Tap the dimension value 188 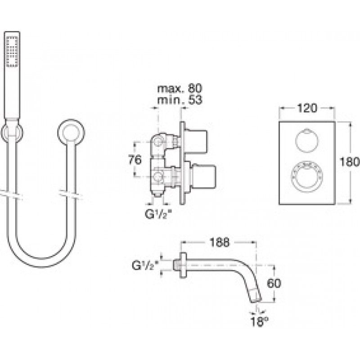point(219,242)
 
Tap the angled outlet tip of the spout point(255,297)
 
